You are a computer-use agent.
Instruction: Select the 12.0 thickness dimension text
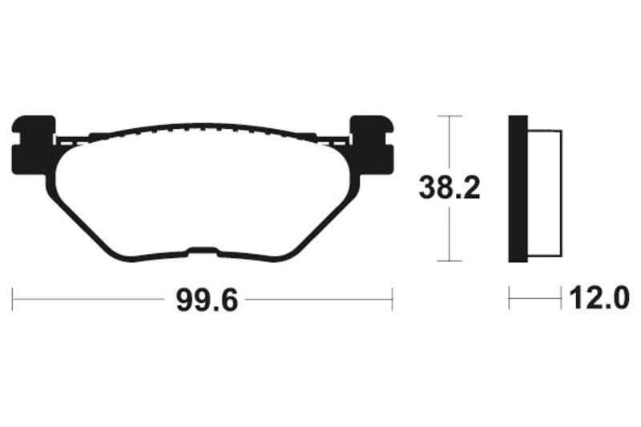coord(595,300)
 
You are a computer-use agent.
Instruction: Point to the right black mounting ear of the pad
coord(373,145)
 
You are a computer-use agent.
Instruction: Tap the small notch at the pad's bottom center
coord(204,249)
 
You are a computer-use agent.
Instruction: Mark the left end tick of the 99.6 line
coord(13,300)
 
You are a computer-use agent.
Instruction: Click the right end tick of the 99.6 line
coord(392,300)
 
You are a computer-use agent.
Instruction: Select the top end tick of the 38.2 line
coord(450,117)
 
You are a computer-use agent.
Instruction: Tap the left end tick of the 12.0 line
coord(510,300)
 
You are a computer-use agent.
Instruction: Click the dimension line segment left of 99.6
coord(88,300)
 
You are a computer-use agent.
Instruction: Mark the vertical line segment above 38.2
coord(450,144)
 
